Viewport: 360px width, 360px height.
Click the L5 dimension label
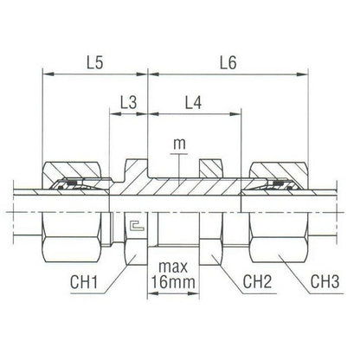[x=95, y=62]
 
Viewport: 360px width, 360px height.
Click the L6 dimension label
[x=228, y=62]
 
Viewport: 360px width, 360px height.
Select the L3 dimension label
[x=128, y=102]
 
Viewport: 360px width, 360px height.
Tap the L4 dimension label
[x=193, y=102]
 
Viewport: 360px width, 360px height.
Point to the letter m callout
[x=179, y=144]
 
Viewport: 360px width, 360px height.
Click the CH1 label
[x=84, y=282]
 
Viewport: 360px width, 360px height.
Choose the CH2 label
[x=257, y=282]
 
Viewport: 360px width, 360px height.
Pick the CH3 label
[x=325, y=282]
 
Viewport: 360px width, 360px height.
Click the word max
[x=173, y=267]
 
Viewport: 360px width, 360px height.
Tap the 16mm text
[x=173, y=282]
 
